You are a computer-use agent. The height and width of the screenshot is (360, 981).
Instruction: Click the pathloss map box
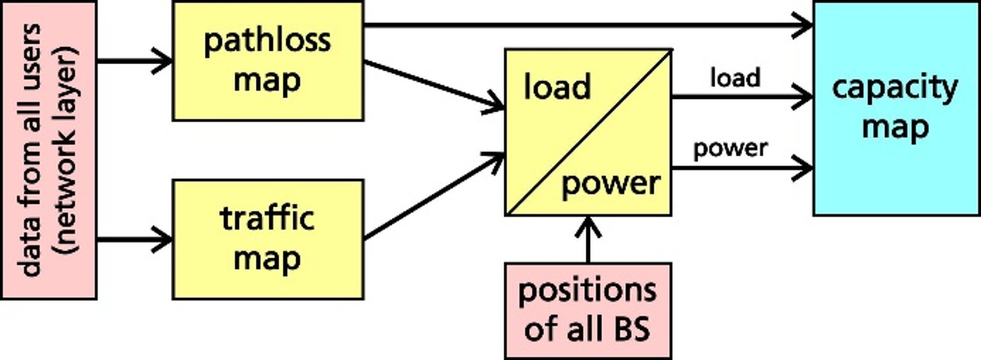click(267, 61)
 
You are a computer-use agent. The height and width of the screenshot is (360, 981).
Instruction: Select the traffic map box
click(267, 239)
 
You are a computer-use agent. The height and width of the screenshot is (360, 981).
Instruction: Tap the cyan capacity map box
click(896, 108)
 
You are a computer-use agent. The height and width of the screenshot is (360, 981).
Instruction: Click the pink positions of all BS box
click(588, 310)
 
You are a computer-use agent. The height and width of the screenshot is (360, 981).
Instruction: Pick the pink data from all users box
click(49, 150)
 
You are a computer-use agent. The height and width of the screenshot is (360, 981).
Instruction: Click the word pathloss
click(267, 41)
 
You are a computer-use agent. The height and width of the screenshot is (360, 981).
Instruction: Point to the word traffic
click(267, 219)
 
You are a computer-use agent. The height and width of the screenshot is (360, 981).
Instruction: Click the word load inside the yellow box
click(556, 87)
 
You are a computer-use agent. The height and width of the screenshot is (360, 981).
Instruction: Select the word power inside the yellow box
click(611, 183)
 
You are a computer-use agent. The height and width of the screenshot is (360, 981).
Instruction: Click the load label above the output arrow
click(735, 78)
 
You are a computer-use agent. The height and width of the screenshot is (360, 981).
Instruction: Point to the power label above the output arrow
click(731, 149)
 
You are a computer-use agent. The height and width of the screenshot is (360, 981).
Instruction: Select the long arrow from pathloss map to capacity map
click(585, 26)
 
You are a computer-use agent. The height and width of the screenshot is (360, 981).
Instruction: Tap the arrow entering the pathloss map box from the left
click(134, 60)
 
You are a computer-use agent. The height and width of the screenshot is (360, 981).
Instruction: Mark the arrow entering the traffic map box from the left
click(134, 239)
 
